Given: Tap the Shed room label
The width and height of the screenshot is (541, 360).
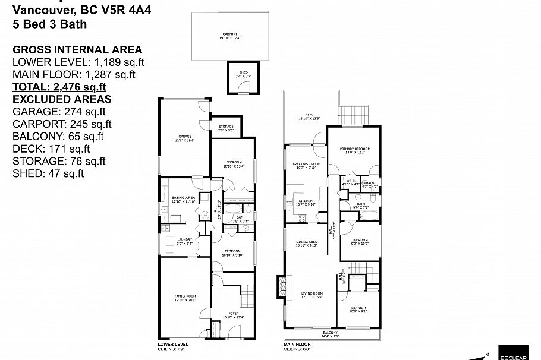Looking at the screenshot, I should pos(244,73).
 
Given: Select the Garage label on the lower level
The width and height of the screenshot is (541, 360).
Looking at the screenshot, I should pos(185,137).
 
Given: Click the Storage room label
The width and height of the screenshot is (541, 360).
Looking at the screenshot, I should pos(225,127).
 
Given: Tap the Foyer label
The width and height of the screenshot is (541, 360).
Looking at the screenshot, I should pos(228,315).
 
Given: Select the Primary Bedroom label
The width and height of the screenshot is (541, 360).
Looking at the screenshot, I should pos(355,150).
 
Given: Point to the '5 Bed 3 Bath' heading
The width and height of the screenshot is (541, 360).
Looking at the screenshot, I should pos(49,24).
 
